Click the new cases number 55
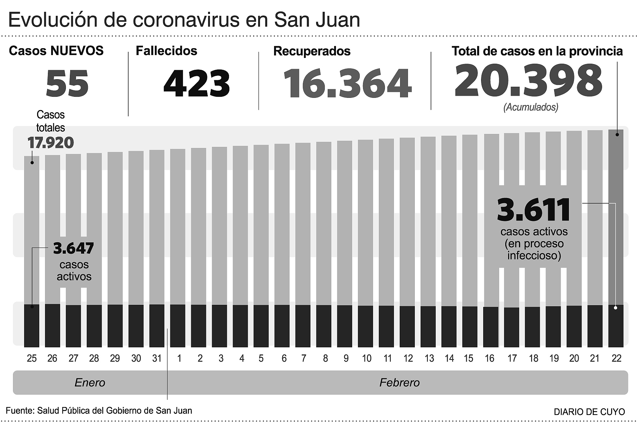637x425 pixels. [x=67, y=83]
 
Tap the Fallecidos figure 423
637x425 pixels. [x=197, y=83]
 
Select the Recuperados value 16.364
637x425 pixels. [x=347, y=83]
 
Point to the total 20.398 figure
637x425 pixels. [x=528, y=81]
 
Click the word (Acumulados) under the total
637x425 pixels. [x=531, y=107]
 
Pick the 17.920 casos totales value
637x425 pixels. [x=51, y=143]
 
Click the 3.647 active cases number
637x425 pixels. [x=73, y=248]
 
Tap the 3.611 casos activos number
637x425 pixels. [x=534, y=210]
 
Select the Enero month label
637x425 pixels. [x=90, y=383]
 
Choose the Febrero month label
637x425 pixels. [x=399, y=383]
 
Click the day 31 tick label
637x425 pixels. [x=157, y=358]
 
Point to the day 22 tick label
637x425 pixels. [x=616, y=358]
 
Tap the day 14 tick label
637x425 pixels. [x=449, y=358]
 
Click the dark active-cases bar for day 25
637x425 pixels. [x=32, y=326]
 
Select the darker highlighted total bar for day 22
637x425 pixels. [x=616, y=216]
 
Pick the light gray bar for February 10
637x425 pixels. [x=365, y=223]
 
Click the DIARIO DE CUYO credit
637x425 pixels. [x=589, y=412]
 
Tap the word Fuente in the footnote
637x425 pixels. [x=19, y=411]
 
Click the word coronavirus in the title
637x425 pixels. [x=186, y=20]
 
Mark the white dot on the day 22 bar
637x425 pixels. [x=615, y=308]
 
